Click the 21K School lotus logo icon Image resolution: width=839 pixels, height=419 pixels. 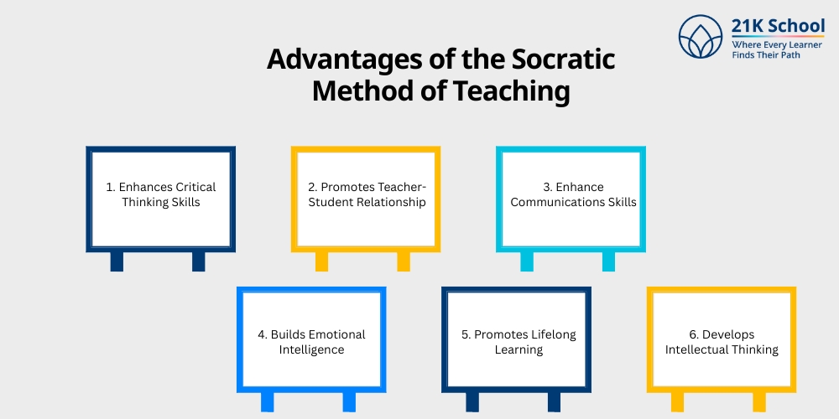tap(701, 39)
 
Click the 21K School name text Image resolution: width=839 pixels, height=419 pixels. tap(778, 27)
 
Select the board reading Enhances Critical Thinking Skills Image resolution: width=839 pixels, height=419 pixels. tap(160, 199)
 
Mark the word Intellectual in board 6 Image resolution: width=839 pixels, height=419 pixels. tap(700, 349)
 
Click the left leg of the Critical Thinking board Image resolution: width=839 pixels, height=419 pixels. tap(117, 261)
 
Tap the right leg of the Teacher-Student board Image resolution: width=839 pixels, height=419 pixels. tap(404, 261)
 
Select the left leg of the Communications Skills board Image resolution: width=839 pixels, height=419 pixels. tap(526, 261)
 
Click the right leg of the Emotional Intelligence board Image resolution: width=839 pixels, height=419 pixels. tap(349, 402)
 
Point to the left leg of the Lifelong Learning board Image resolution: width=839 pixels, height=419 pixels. tap(472, 402)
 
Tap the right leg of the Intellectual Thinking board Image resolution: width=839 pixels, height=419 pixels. tap(759, 402)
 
